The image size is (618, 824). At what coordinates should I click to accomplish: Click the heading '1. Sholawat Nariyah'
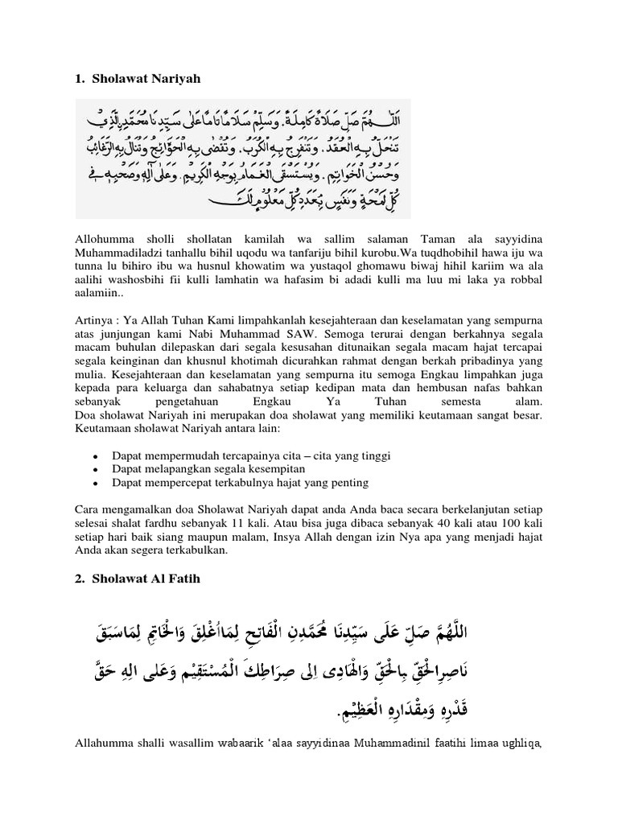[x=137, y=79]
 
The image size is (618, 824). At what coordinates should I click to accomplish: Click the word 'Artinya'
[x=93, y=318]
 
